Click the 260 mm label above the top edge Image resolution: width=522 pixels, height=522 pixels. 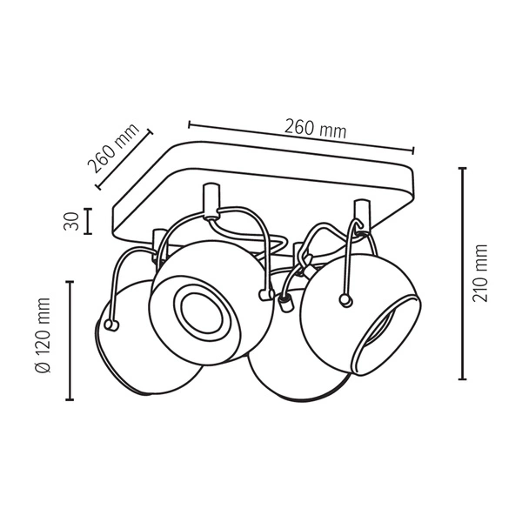(315, 127)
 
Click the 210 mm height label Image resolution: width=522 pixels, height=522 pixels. (481, 273)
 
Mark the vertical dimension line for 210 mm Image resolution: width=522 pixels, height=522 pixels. (462, 273)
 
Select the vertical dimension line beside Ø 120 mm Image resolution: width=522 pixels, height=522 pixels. (70, 339)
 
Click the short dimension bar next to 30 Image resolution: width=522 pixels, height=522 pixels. (89, 221)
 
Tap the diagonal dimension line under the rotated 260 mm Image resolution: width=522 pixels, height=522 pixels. (124, 158)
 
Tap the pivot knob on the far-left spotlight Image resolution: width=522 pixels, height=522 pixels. (110, 325)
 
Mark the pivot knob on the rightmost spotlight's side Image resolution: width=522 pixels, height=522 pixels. (346, 301)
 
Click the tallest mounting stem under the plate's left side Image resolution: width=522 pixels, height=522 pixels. (208, 201)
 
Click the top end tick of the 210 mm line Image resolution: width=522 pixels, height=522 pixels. (462, 168)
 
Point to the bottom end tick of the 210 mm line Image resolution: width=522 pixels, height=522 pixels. (462, 378)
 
